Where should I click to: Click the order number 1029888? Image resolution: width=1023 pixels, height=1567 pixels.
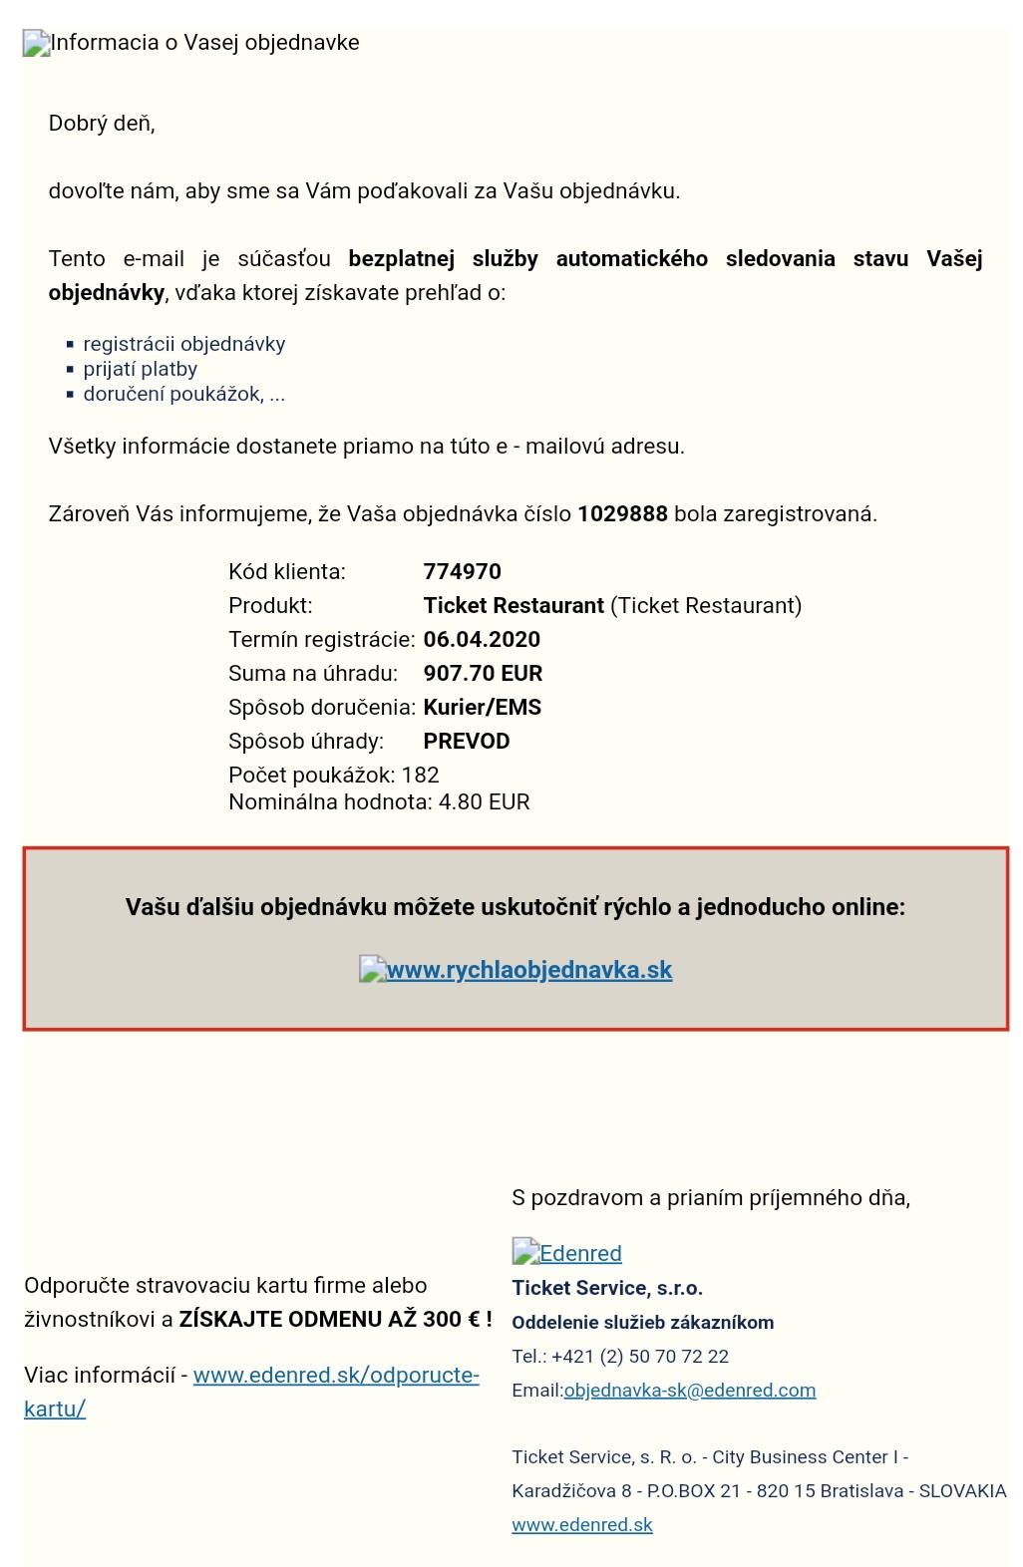click(x=622, y=514)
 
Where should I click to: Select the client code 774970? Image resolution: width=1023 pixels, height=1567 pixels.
click(x=462, y=572)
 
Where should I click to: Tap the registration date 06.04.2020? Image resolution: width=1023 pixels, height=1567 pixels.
click(x=482, y=640)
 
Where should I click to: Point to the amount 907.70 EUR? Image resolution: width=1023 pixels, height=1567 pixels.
click(x=483, y=674)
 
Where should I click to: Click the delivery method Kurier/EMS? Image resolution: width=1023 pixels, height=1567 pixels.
click(x=482, y=708)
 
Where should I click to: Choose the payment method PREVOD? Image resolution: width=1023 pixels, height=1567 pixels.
click(x=466, y=742)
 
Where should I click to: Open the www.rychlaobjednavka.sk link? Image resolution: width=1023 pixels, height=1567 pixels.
click(x=528, y=970)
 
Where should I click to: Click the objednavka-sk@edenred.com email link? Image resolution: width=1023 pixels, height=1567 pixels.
click(x=689, y=1391)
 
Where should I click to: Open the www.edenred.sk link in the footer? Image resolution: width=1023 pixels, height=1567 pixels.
click(x=581, y=1525)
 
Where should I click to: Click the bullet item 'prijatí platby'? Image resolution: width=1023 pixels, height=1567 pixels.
click(x=140, y=369)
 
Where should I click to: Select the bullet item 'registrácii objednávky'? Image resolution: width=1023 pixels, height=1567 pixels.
click(x=183, y=344)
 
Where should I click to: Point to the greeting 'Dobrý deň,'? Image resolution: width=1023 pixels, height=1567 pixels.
click(x=102, y=124)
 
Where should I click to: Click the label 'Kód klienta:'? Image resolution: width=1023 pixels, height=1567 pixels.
click(x=287, y=572)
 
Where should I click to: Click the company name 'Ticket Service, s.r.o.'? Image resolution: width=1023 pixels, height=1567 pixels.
click(x=607, y=1288)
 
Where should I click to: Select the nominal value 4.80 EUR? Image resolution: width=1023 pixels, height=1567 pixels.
click(x=484, y=802)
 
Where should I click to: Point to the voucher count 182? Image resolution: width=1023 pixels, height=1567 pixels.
click(x=420, y=776)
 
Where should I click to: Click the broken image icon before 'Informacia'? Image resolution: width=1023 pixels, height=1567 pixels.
click(x=36, y=43)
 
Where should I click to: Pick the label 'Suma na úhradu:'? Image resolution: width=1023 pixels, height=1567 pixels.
click(x=312, y=674)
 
